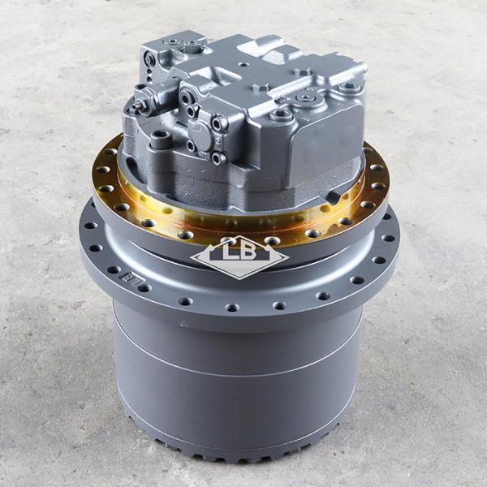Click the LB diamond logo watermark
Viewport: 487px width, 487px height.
(239, 256)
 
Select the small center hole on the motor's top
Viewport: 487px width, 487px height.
(243, 63)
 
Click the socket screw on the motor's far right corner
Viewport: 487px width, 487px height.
(350, 84)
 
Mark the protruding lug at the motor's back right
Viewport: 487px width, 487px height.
(349, 70)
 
